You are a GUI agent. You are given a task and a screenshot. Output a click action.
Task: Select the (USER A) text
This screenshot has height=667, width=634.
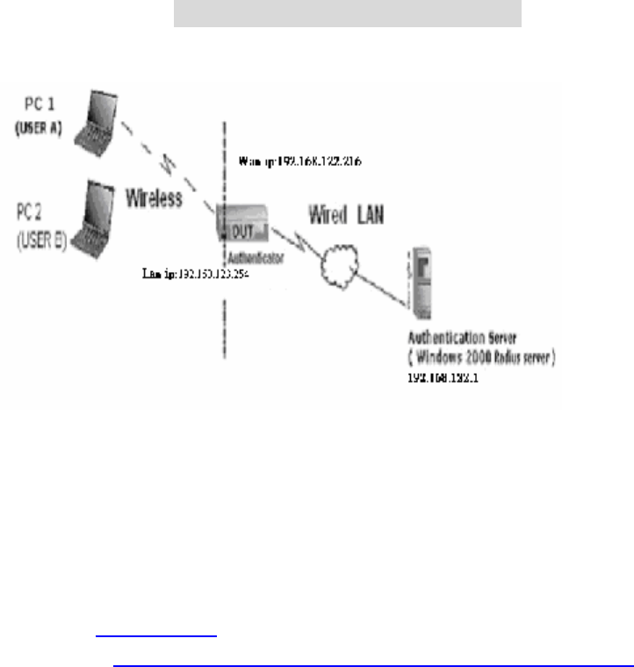37,127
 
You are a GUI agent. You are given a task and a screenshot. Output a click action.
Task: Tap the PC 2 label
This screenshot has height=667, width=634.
35,212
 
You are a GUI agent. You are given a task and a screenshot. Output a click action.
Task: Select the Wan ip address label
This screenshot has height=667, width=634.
301,162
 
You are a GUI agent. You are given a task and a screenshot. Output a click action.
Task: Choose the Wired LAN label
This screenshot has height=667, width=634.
345,214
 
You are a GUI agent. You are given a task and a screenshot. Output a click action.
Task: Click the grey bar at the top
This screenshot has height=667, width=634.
347,13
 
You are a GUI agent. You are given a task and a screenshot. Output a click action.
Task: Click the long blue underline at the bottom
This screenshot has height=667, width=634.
368,665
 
